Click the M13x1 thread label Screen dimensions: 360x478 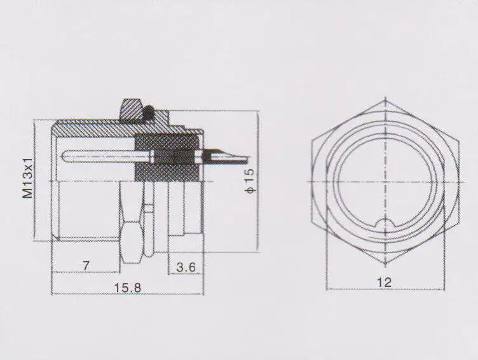[27, 181]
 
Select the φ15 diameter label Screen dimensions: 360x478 [249, 180]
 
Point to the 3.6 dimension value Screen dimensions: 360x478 [186, 267]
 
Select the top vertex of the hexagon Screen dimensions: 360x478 [384, 100]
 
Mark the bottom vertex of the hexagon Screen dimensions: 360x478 [384, 263]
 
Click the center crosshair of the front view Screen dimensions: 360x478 [384, 181]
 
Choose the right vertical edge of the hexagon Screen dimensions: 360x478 [456, 181]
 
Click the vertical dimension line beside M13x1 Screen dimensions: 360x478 [40, 181]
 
